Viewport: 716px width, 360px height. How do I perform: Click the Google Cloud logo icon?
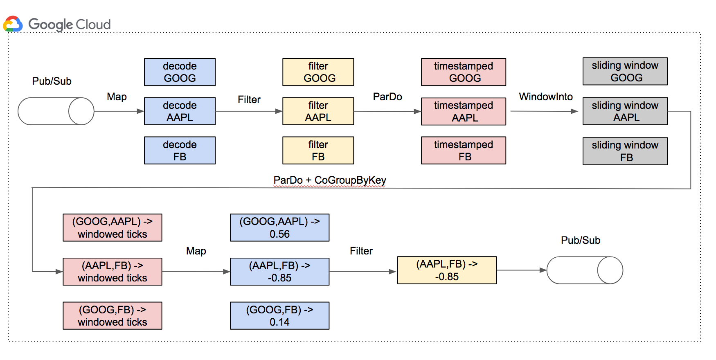[13, 24]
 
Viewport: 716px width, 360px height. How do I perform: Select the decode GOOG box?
[180, 72]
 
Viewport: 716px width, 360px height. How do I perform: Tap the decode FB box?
[180, 151]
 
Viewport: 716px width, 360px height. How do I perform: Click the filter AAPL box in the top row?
[318, 111]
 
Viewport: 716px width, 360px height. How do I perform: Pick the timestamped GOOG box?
[463, 72]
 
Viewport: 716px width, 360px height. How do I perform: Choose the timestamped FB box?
[463, 151]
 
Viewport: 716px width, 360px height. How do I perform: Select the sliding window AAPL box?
[625, 111]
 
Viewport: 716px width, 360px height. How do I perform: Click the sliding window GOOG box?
[625, 72]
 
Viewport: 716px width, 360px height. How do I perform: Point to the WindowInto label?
[545, 97]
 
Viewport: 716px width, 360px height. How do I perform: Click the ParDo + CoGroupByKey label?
[329, 180]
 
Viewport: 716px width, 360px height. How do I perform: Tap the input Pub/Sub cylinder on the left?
[56, 111]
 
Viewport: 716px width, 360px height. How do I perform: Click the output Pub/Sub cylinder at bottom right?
[585, 270]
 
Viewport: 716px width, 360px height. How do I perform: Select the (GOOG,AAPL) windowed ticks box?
[112, 228]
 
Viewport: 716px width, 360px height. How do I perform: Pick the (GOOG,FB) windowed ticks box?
[112, 316]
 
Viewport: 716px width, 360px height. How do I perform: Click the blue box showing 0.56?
[279, 228]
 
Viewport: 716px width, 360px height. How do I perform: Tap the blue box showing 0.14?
[279, 316]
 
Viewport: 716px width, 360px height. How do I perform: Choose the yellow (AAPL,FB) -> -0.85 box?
[447, 270]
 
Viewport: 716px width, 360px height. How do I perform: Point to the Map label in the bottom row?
[196, 251]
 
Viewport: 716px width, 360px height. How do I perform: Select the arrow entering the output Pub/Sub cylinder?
[522, 270]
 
